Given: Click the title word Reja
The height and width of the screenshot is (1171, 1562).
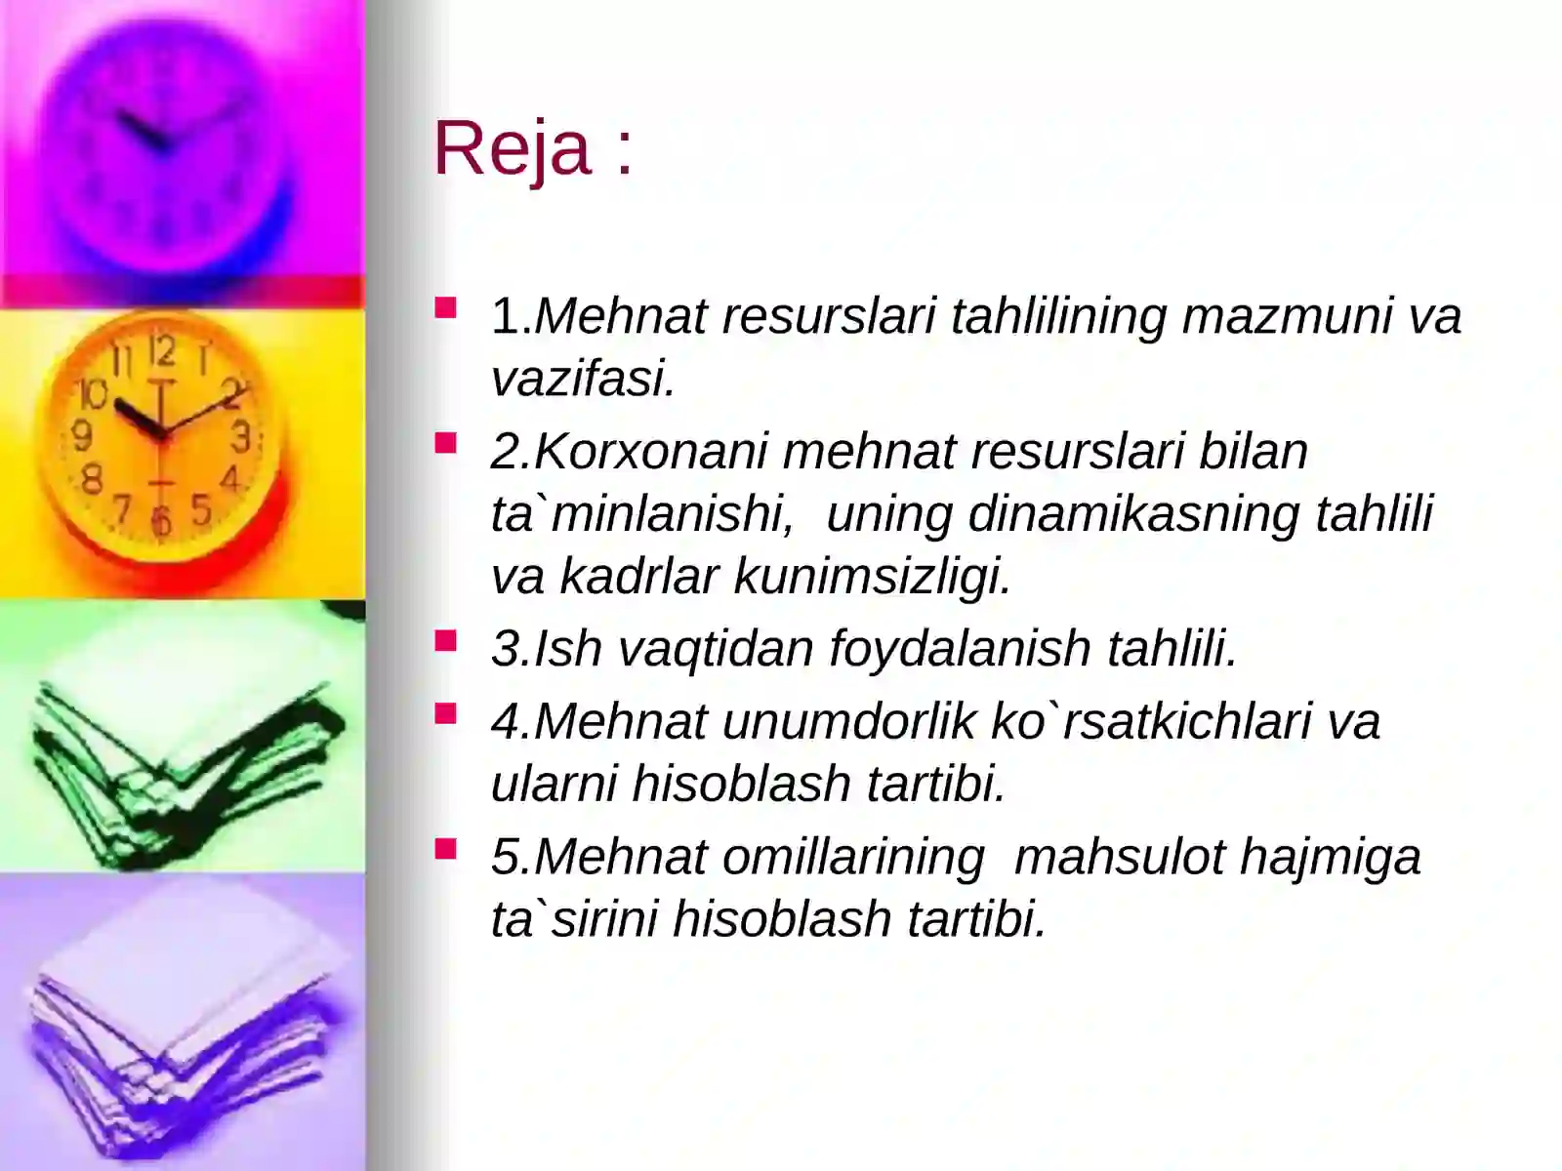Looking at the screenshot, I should click(x=513, y=148).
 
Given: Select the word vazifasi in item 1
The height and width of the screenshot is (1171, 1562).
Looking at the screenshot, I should click(x=582, y=378).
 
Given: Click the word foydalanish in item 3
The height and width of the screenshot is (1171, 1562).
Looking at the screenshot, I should click(x=960, y=648).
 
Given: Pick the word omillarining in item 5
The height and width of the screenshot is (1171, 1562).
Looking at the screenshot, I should click(x=853, y=857).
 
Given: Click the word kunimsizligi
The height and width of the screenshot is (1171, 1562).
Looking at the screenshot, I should click(x=871, y=576).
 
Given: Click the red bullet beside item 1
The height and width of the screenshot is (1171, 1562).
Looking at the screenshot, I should click(x=446, y=309).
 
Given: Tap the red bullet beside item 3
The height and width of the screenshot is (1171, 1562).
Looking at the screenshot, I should click(x=446, y=641).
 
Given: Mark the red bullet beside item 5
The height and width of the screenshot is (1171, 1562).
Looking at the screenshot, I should click(x=446, y=850).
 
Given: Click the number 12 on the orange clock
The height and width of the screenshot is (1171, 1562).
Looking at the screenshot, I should click(x=162, y=351).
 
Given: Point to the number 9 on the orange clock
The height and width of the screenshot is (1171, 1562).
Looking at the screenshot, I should click(x=84, y=434).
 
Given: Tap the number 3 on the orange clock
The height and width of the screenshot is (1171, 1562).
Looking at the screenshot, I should click(x=240, y=436).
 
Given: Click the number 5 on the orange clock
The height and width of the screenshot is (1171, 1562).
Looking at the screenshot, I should click(x=200, y=509).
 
